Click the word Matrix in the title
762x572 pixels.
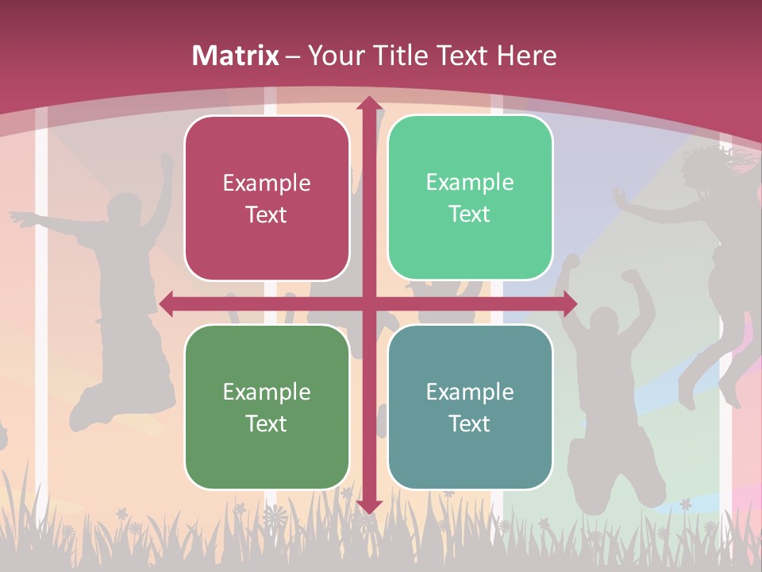click(236, 56)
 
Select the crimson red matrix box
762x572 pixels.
click(267, 198)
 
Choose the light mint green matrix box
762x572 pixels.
click(470, 198)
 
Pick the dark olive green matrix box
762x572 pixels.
click(267, 407)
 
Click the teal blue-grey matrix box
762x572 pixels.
click(470, 407)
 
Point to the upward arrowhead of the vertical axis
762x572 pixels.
click(368, 103)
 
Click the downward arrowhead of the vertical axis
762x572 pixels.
click(368, 506)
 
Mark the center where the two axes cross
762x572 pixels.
click(368, 303)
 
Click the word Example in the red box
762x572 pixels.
click(267, 184)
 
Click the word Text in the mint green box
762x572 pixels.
click(470, 214)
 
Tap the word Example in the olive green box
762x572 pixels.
click(267, 392)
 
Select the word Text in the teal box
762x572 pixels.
click(470, 423)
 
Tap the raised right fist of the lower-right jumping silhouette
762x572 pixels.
click(632, 278)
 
